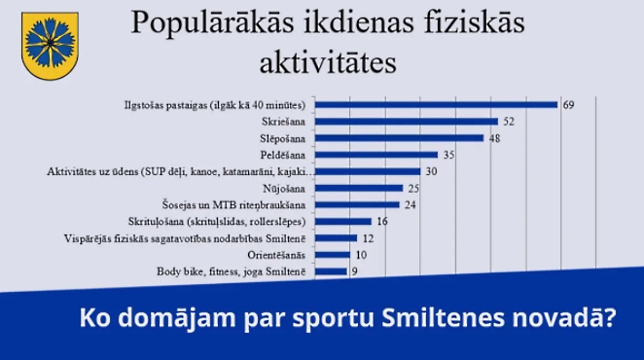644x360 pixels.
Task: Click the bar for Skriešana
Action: [408, 122]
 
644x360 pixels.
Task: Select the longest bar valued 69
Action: [437, 105]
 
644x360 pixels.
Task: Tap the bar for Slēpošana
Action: [401, 138]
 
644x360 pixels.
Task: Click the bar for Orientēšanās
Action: [334, 256]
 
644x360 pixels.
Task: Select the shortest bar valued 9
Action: [332, 272]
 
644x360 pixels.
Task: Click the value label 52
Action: [508, 122]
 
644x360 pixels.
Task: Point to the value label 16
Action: [381, 222]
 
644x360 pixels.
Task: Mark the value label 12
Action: [368, 238]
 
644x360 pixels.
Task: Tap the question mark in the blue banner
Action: [609, 318]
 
